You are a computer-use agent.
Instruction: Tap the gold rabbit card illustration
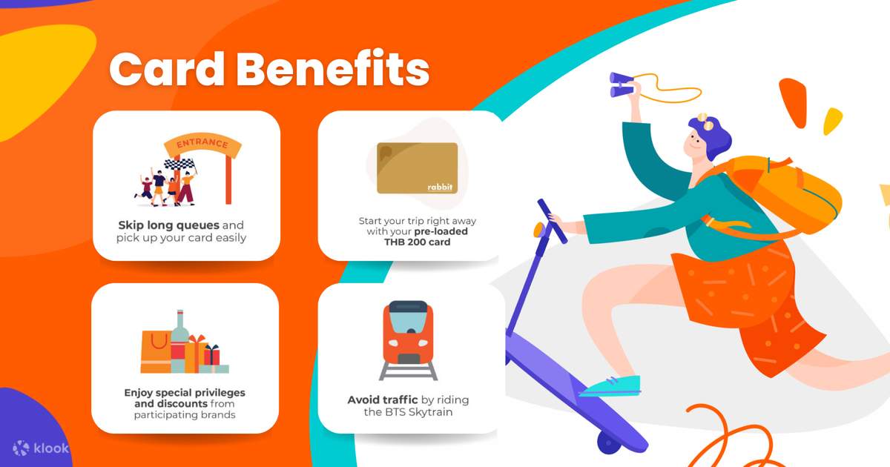[x=417, y=168]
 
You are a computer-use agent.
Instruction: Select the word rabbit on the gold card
[x=439, y=186]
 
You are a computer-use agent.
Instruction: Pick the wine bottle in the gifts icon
[x=179, y=337]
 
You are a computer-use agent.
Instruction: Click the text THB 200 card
[x=417, y=242]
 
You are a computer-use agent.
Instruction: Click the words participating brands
[x=185, y=414]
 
